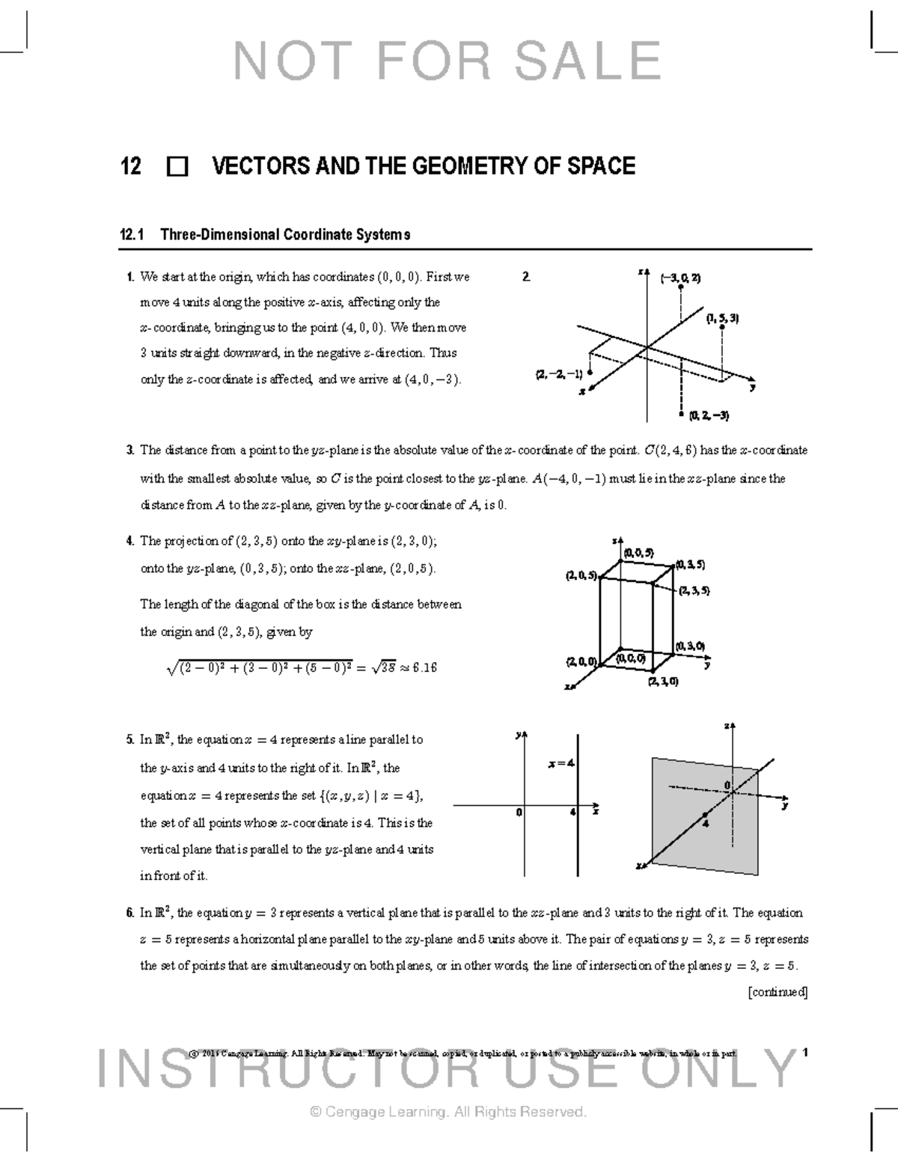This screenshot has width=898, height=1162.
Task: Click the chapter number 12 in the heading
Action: pyautogui.click(x=131, y=166)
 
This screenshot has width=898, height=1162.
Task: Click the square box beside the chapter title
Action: pyautogui.click(x=178, y=167)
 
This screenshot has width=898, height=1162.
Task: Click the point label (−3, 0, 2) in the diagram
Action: pyautogui.click(x=680, y=278)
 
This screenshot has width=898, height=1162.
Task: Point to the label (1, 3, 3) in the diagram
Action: pyautogui.click(x=722, y=318)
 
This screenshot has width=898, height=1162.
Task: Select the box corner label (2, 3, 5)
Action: pyautogui.click(x=694, y=590)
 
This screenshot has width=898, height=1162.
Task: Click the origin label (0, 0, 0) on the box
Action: pyautogui.click(x=630, y=658)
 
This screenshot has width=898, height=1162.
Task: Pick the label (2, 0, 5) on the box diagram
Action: pyautogui.click(x=581, y=575)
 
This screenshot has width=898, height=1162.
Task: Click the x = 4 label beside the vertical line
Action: pyautogui.click(x=561, y=763)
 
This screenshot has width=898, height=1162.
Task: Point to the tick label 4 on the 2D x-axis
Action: pyautogui.click(x=572, y=812)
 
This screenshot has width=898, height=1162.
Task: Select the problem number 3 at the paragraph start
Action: pyautogui.click(x=130, y=450)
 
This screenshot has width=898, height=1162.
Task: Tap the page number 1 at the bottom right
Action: pyautogui.click(x=804, y=1053)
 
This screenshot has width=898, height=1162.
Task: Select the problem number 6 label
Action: pyautogui.click(x=130, y=913)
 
